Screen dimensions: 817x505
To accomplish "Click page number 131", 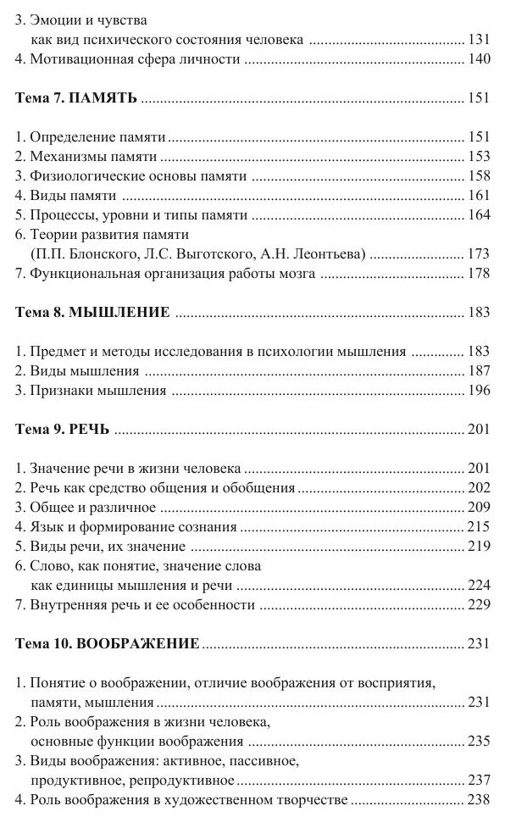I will pyautogui.click(x=479, y=40).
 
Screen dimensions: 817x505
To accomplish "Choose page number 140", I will pyautogui.click(x=479, y=60).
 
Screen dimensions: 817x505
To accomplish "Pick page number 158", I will pyautogui.click(x=479, y=177).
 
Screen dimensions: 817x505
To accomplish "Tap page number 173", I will pyautogui.click(x=479, y=253).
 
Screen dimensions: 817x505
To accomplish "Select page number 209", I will pyautogui.click(x=479, y=508).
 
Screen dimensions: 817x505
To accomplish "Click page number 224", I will pyautogui.click(x=479, y=585).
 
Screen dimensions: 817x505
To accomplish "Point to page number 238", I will pyautogui.click(x=479, y=799).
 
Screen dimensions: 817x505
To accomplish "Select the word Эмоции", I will pyautogui.click(x=53, y=20).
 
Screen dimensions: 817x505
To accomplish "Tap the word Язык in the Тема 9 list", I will pyautogui.click(x=45, y=527).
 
